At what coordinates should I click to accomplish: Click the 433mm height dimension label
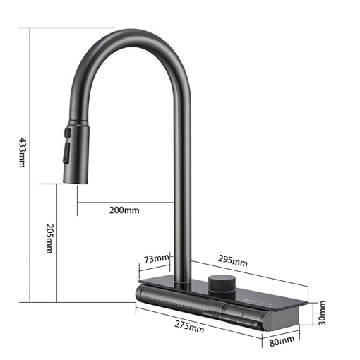(x=22, y=152)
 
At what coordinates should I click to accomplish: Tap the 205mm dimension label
(x=49, y=239)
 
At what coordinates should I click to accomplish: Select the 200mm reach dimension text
(x=124, y=210)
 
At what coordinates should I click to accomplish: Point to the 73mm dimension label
(x=157, y=259)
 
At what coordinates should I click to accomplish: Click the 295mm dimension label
(x=233, y=260)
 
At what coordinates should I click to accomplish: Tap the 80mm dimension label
(x=282, y=341)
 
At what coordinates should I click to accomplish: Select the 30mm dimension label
(x=322, y=313)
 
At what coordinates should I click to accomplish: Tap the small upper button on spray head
(x=68, y=132)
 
